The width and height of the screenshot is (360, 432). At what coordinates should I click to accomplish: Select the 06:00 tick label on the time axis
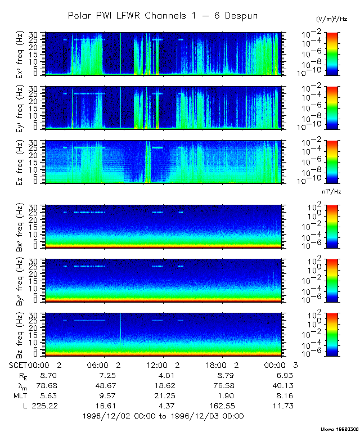tap(101, 365)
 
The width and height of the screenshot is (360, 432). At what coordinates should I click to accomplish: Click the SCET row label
tap(19, 365)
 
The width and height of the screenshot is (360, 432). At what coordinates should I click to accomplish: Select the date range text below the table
tap(163, 416)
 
